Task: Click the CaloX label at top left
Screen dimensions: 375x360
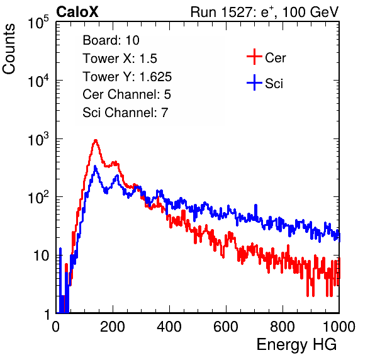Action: [x=77, y=12]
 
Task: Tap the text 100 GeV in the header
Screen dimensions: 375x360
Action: [x=310, y=12]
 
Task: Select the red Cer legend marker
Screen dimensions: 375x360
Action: [x=254, y=57]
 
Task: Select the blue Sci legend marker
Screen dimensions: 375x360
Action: [x=254, y=83]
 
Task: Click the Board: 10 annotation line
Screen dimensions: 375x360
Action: [x=111, y=40]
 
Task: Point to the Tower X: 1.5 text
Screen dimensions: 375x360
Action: [x=120, y=59]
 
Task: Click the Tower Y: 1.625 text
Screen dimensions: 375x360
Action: [x=127, y=77]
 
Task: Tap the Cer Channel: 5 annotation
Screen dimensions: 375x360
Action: [x=126, y=94]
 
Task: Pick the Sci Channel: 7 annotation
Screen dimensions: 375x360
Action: [x=125, y=113]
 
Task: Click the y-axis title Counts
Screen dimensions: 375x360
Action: [x=9, y=49]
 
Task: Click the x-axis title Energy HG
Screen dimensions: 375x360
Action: [x=296, y=345]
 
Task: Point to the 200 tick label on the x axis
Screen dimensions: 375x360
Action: [x=113, y=327]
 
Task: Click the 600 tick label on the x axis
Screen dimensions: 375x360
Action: [x=226, y=327]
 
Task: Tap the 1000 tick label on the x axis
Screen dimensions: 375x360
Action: [x=339, y=327]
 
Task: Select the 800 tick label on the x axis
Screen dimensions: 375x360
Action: [x=283, y=327]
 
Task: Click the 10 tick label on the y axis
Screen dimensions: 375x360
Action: [x=41, y=256]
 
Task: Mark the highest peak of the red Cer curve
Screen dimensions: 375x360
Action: [x=96, y=140]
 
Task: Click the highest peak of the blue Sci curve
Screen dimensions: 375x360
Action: [x=95, y=166]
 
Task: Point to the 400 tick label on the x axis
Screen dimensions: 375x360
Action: [x=169, y=327]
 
